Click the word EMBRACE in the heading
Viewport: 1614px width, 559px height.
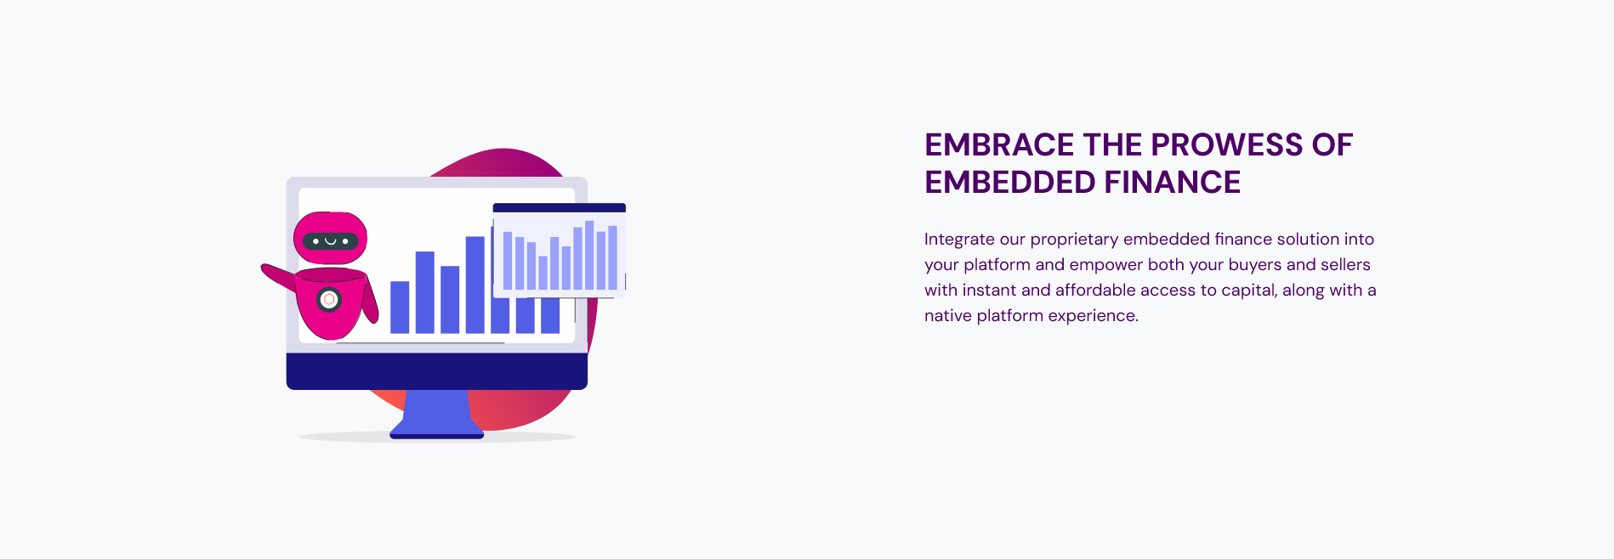coord(1000,145)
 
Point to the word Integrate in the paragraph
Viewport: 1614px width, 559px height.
coord(959,240)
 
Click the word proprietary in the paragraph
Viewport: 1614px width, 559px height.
coord(1074,240)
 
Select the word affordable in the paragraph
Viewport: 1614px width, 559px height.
coord(1095,290)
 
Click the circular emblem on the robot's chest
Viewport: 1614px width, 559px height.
coord(329,299)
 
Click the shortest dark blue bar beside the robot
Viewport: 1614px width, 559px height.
coord(400,307)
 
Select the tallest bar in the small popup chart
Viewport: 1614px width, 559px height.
coord(589,255)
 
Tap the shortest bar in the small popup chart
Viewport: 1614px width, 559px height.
coord(543,273)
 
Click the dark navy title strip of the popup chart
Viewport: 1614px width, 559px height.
coord(560,208)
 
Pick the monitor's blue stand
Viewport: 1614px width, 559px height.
coord(437,415)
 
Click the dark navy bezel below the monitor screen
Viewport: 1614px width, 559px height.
coord(437,371)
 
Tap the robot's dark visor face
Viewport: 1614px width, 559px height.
coord(331,241)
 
